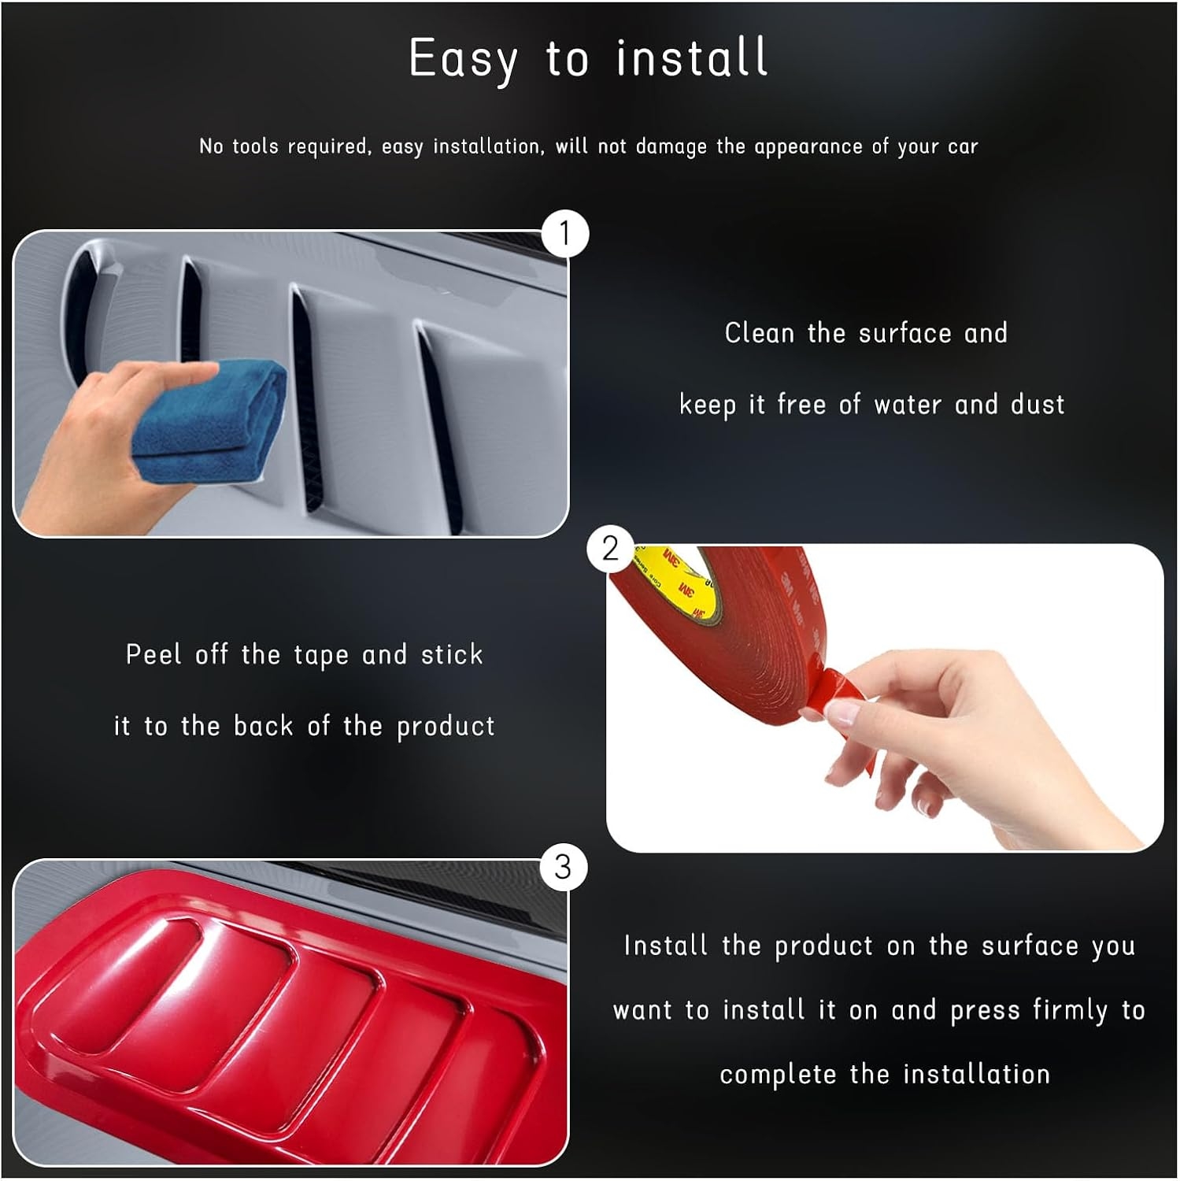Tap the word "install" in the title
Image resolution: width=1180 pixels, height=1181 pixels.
pos(692,57)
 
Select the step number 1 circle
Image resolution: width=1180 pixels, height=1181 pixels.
pos(564,234)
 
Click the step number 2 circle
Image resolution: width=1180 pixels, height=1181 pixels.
pos(610,548)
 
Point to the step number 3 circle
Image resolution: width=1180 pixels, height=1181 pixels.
pos(563,867)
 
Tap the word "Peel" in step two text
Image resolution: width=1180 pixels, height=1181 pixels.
pos(154,654)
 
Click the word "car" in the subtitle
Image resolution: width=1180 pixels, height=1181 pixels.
pos(963,147)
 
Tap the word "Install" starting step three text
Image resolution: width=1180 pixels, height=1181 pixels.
pos(665,946)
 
